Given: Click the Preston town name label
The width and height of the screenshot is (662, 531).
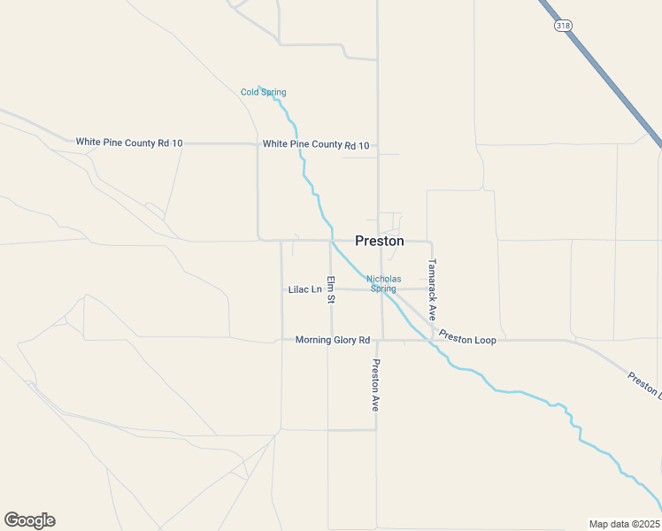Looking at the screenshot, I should tap(380, 241).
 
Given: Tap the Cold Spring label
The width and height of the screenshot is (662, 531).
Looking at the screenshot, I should tap(263, 92).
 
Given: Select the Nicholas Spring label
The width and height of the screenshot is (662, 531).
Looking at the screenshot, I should tap(383, 283).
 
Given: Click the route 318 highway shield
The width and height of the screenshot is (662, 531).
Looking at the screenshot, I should tap(563, 26).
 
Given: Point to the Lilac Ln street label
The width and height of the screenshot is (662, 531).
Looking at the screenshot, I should tap(305, 289).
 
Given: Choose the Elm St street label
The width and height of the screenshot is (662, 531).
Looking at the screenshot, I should tap(330, 289).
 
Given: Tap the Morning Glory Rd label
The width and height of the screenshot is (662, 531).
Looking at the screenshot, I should tap(332, 340).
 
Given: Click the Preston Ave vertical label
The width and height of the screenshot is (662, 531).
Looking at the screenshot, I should tap(375, 385).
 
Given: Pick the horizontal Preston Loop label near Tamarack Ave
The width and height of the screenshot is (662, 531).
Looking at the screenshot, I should tap(467, 338).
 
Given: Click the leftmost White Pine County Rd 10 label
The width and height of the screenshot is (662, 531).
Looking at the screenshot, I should tap(129, 142).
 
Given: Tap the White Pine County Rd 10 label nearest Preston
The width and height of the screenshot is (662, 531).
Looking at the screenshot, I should tap(316, 144).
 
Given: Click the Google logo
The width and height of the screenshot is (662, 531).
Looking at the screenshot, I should tap(29, 520).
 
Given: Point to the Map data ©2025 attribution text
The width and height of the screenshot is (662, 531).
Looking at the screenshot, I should tap(624, 524).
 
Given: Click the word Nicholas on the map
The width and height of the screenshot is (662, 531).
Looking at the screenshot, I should tap(383, 279).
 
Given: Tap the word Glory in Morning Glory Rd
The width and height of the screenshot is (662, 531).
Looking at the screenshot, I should tap(343, 340).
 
